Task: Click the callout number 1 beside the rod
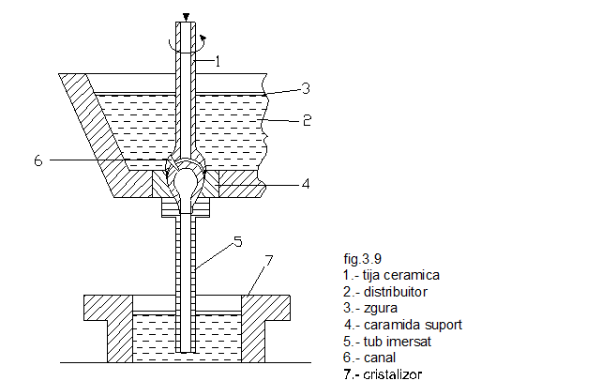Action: [x=217, y=62]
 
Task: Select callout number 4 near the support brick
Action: [x=306, y=185]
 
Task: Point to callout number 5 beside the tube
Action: [x=237, y=242]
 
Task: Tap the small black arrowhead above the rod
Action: [x=186, y=16]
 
